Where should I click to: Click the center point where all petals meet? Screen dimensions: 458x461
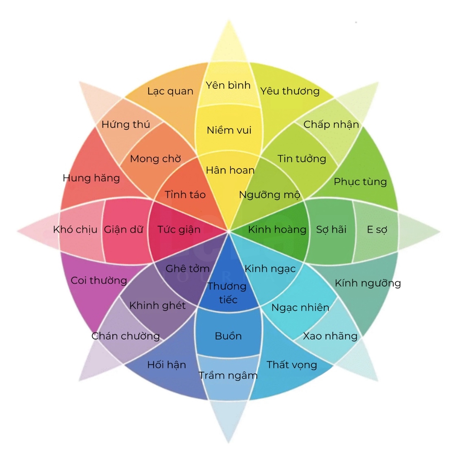coord(229,231)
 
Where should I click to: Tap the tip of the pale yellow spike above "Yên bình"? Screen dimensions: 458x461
coord(229,20)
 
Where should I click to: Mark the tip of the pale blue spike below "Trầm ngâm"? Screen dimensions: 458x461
coord(228,442)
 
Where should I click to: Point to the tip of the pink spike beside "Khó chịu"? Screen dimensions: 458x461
coord(17,231)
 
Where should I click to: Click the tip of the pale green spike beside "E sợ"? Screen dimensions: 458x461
coord(440,231)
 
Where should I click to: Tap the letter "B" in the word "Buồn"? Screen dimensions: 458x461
coord(218,336)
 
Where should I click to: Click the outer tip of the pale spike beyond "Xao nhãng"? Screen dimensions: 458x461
coord(378,381)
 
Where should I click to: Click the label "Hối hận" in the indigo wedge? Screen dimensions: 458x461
coord(167,365)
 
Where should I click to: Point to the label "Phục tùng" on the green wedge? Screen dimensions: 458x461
coord(360,182)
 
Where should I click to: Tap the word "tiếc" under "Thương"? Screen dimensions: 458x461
coord(228,300)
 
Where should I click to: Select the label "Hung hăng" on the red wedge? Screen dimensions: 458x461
coord(91,178)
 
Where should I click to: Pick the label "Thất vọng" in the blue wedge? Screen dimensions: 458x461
coord(292,365)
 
